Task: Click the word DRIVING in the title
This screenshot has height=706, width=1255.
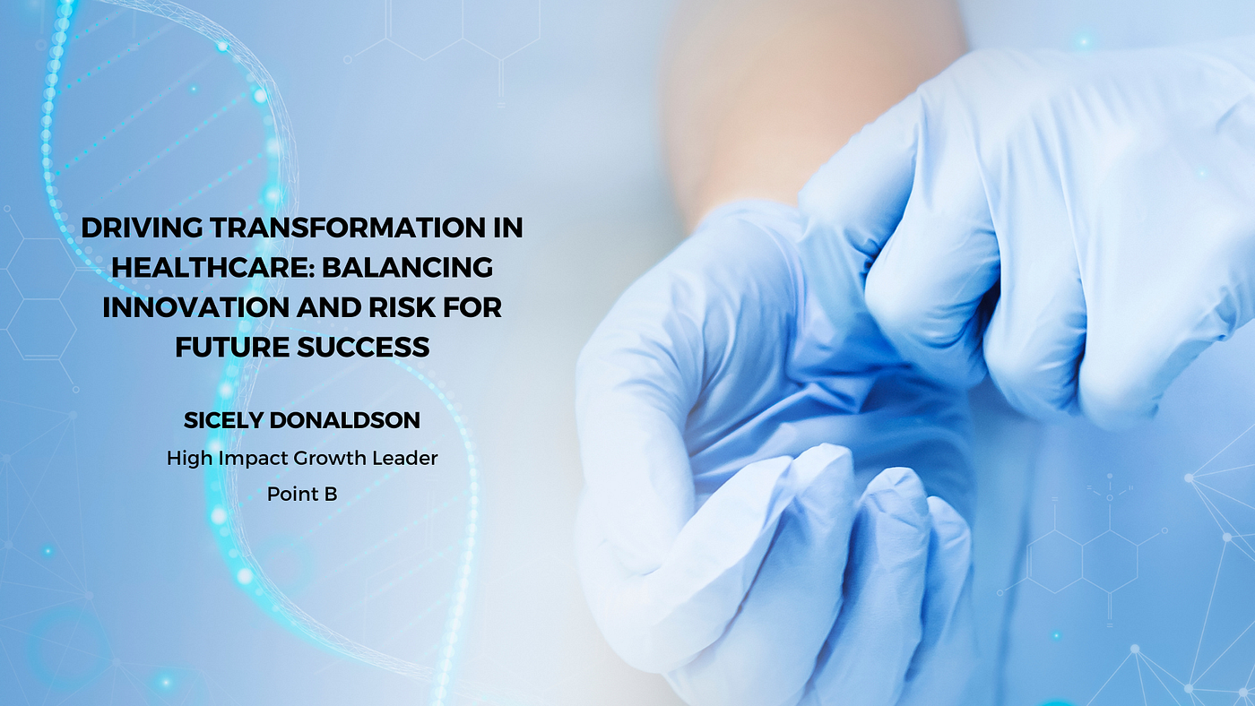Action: coord(142,228)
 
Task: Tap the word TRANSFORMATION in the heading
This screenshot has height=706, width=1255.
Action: coord(348,228)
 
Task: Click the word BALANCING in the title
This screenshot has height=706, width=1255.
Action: coord(407,268)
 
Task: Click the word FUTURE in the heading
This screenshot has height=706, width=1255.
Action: coord(232,347)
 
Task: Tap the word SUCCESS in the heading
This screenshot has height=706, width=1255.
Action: coord(363,347)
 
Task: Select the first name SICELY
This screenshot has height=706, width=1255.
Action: coord(222,420)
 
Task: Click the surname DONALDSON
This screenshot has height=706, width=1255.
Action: coord(344,420)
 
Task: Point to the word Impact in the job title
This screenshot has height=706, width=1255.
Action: coord(254,459)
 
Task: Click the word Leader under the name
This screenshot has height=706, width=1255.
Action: coord(405,458)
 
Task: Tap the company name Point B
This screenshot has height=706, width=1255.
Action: coord(302,495)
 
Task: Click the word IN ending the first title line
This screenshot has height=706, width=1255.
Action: coord(507,228)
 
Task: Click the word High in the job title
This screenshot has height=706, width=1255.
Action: coord(190,459)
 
